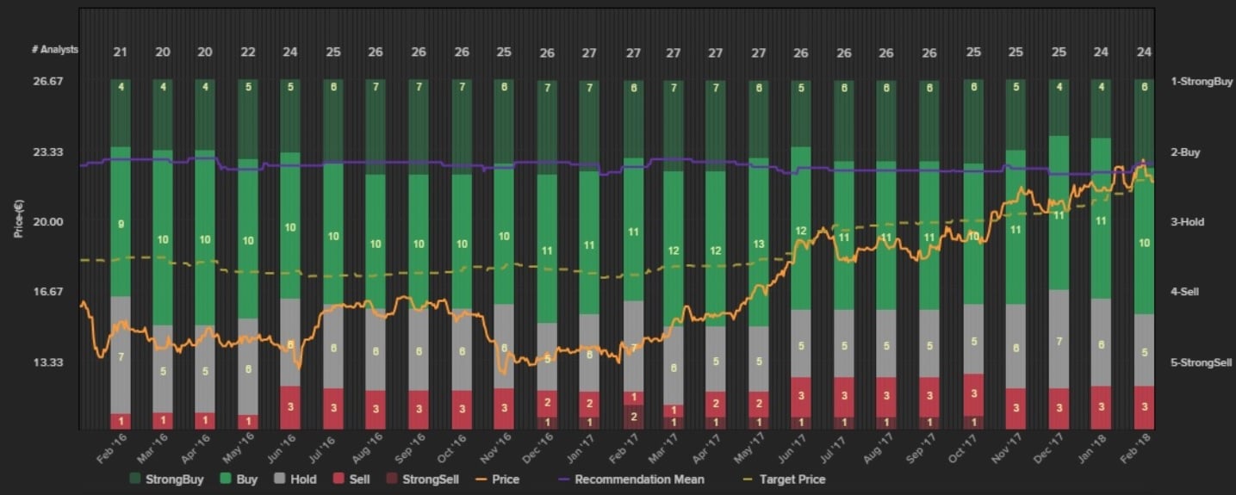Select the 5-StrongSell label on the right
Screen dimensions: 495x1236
click(x=1202, y=362)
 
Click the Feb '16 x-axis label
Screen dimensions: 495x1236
click(x=113, y=449)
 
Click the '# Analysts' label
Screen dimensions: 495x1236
click(x=54, y=50)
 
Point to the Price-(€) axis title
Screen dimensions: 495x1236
click(x=18, y=219)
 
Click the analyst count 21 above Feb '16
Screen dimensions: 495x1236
click(x=121, y=53)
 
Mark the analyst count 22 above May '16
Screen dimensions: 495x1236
click(x=248, y=53)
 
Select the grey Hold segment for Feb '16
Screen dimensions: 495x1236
click(x=121, y=355)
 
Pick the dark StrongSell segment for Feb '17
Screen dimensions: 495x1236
click(x=633, y=417)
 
